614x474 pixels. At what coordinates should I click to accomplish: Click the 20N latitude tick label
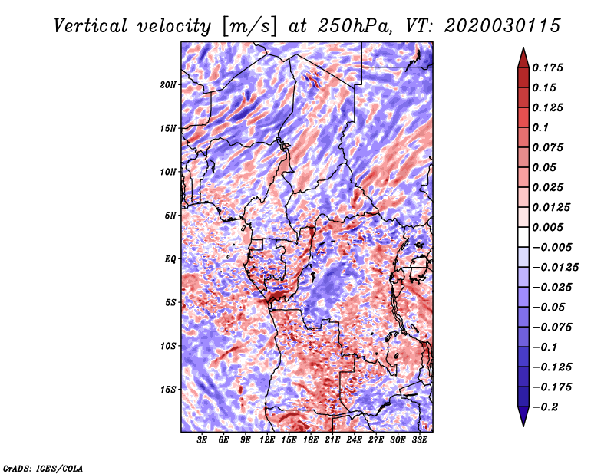click(x=168, y=85)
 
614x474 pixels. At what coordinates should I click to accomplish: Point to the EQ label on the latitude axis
click(x=170, y=259)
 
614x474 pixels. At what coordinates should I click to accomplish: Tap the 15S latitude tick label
click(x=168, y=390)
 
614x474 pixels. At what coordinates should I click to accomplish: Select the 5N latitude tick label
click(x=170, y=216)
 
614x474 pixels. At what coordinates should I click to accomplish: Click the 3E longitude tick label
click(x=202, y=440)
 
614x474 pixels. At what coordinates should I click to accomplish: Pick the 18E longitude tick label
click(x=310, y=440)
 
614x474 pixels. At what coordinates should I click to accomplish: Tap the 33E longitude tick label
click(x=419, y=440)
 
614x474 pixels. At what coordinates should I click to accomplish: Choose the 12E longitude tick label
click(x=266, y=440)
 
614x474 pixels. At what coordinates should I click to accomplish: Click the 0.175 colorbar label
click(x=547, y=67)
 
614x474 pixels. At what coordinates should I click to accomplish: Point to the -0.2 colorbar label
click(x=545, y=407)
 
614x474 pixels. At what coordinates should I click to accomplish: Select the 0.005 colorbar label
click(x=547, y=227)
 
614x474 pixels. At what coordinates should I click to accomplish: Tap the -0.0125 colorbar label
click(x=555, y=268)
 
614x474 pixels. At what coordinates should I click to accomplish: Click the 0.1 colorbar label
click(x=540, y=127)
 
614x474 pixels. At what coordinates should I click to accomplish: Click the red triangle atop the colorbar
click(x=523, y=58)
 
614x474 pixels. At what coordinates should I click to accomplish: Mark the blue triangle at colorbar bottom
click(x=523, y=416)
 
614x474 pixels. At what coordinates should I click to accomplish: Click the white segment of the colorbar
click(x=523, y=237)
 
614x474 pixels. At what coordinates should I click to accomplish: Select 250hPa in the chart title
click(x=354, y=26)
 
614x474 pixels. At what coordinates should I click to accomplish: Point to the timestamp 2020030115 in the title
click(x=503, y=26)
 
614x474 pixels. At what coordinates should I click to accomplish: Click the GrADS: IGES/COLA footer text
click(x=43, y=469)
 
